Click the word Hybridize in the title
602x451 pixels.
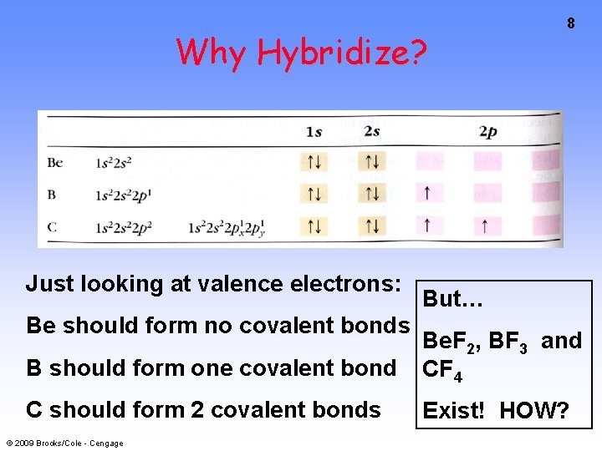point(342,53)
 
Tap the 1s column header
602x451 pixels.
point(314,132)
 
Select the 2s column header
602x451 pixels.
point(373,132)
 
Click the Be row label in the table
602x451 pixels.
point(55,162)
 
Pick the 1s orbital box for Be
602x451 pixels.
point(314,162)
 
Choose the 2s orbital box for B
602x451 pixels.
point(373,194)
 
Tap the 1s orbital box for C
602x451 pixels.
point(314,225)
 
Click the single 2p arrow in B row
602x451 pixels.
point(428,194)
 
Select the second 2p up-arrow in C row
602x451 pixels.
point(486,225)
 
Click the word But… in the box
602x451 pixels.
point(451,299)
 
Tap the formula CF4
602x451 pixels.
point(443,369)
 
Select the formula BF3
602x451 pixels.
point(508,342)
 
